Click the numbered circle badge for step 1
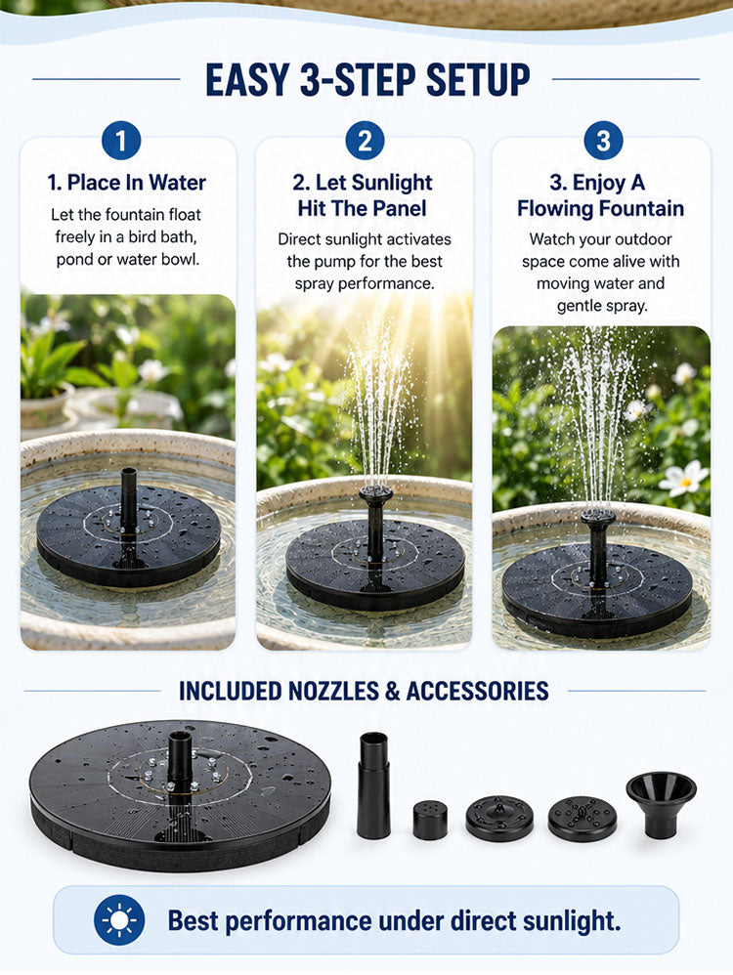(x=121, y=141)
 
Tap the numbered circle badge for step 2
(x=365, y=141)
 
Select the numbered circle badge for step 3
(x=603, y=141)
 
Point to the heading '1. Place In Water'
(x=126, y=183)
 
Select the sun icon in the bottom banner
(x=119, y=919)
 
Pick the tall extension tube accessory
(x=373, y=784)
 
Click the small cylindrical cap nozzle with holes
(x=430, y=821)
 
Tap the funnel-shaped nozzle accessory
(x=661, y=805)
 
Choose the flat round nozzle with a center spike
(x=499, y=818)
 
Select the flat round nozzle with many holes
(x=582, y=819)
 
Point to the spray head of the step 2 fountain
(x=375, y=494)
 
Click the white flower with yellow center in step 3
(x=684, y=480)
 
